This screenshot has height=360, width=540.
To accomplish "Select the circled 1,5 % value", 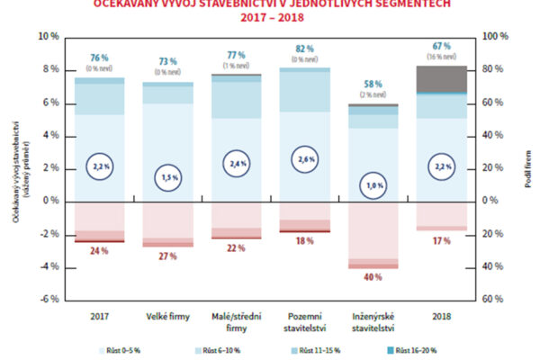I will pos(167,178).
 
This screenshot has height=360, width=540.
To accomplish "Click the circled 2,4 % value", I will pos(237,166).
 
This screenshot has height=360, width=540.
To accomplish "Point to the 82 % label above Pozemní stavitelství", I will pos(304,48).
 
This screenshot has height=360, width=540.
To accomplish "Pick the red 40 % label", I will pos(373,277).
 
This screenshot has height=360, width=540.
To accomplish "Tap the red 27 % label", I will pos(167,256).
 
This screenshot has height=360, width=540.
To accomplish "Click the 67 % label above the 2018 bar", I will pos(441,45).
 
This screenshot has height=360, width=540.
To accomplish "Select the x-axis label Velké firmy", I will pos(167,317).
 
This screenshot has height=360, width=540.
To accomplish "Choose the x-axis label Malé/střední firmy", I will pos(236,322).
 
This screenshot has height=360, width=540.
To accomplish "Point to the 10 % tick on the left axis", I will pos(47,37).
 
